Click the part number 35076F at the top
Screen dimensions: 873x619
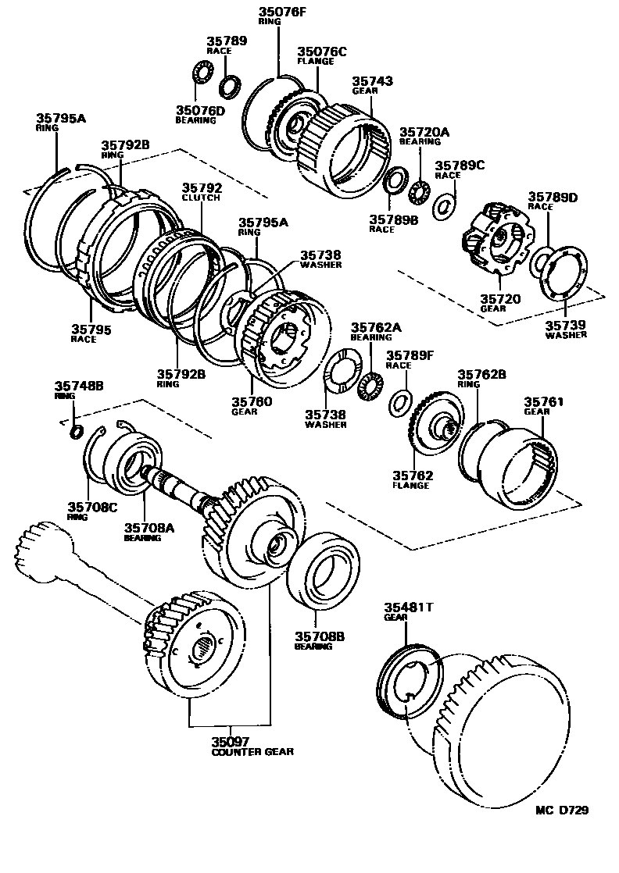click(x=280, y=11)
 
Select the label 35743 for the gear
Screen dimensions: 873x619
click(x=372, y=80)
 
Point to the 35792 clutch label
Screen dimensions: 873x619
click(x=202, y=187)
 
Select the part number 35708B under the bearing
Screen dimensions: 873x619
click(x=316, y=636)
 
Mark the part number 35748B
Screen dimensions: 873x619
click(x=79, y=386)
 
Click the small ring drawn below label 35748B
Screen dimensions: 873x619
click(x=77, y=432)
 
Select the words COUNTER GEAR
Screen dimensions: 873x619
click(x=252, y=751)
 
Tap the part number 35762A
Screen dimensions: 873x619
click(x=376, y=327)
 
